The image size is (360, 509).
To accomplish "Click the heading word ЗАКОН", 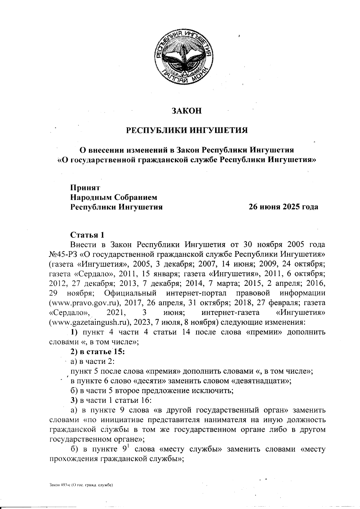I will click(186, 111).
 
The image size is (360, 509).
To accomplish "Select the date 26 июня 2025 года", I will click(283, 207).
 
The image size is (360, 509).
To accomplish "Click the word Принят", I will click(85, 187).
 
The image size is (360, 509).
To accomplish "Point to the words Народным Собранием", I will click(114, 197).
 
